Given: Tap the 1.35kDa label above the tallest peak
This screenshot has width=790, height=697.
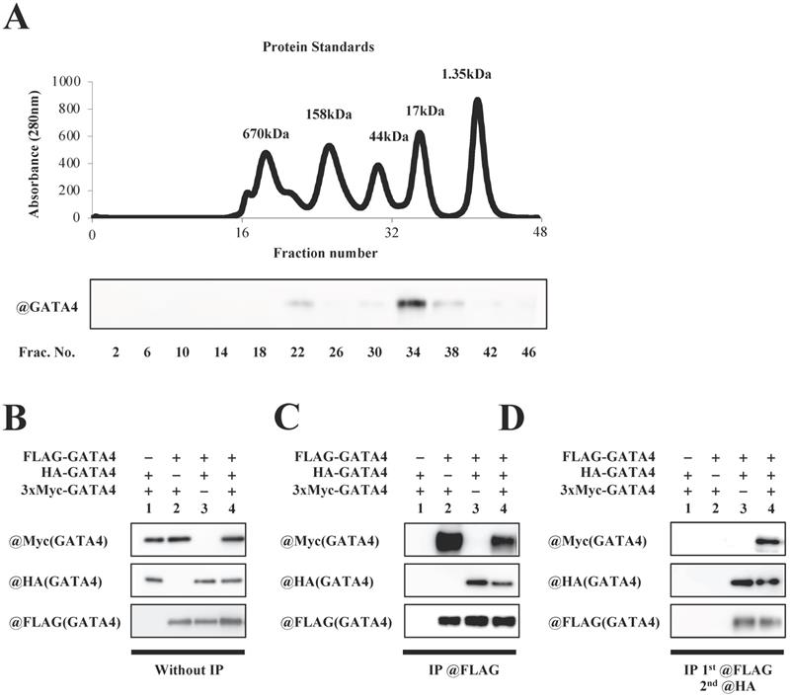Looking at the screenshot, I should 466,73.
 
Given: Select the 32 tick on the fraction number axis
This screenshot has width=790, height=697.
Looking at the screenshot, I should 391,235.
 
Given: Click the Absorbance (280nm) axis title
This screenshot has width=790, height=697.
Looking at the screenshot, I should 35,149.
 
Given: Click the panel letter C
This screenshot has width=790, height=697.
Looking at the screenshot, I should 287,420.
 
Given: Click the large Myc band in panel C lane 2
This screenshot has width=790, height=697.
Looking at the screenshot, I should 449,540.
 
